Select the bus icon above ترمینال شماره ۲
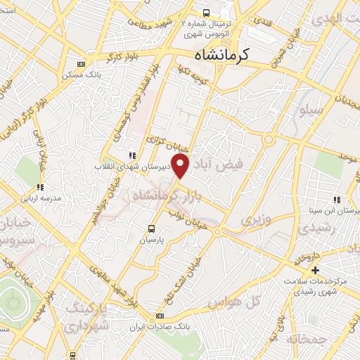(206, 13)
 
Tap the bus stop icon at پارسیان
(151, 228)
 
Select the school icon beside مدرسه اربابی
(41, 187)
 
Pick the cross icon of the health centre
(315, 270)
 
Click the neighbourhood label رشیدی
(313, 229)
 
